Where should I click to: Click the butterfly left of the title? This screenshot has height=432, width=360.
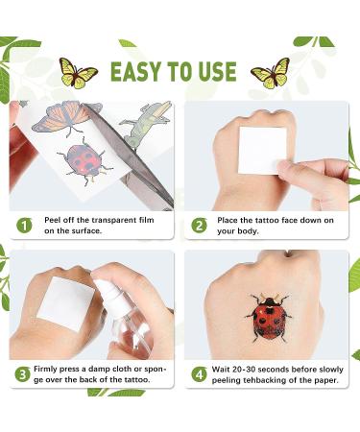click(x=79, y=72)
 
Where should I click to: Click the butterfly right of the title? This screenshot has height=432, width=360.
click(x=271, y=72)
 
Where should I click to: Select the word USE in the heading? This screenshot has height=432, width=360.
click(x=216, y=72)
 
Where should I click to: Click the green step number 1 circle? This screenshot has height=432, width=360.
click(x=23, y=225)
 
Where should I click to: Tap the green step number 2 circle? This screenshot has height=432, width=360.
click(x=199, y=225)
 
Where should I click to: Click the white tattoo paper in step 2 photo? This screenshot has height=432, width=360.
click(x=259, y=149)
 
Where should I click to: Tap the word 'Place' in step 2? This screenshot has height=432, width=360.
click(x=229, y=219)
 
